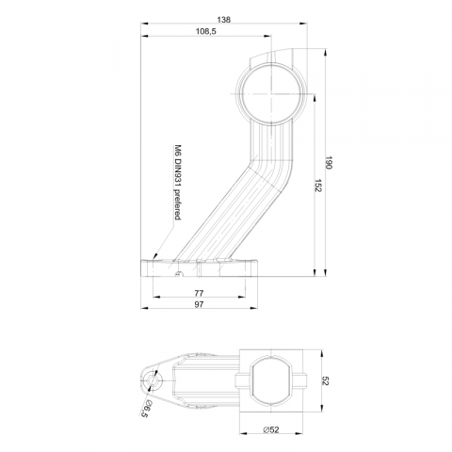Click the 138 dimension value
coord(223,20)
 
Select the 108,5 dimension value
coord(206,31)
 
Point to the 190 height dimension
coord(329,162)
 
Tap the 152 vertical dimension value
coord(318,186)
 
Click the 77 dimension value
coord(199,293)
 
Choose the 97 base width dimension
coord(199,304)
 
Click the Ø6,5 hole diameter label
coord(145,409)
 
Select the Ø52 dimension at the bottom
coord(271,429)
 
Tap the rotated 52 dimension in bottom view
coord(325,381)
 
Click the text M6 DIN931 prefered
coord(178,182)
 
